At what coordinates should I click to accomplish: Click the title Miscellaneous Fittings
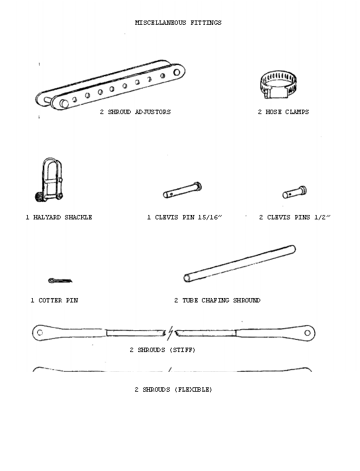coord(178,22)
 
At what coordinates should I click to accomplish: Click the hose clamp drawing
coord(278,85)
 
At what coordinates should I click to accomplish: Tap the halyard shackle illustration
coord(50,180)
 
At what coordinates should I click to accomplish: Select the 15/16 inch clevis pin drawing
coord(182,190)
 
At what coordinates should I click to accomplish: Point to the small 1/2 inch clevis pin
coord(294,193)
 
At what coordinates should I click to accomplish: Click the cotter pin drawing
coord(60,281)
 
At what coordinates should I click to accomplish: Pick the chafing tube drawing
coord(239,264)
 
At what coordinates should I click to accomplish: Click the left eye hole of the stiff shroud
coord(40,333)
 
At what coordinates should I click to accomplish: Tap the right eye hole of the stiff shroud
coord(307,333)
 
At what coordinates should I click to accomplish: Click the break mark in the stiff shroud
coord(170,333)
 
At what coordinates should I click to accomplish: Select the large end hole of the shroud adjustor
coord(177,73)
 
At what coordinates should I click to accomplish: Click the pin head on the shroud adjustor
coord(64,103)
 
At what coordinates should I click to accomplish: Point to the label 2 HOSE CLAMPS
coord(283,112)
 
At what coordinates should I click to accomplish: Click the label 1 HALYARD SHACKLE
coord(59,217)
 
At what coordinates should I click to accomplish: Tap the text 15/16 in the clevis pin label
coord(209,217)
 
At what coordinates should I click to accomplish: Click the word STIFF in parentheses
coord(183,350)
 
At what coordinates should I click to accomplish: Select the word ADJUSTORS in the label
coord(153,112)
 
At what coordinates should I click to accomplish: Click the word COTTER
coord(50,300)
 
